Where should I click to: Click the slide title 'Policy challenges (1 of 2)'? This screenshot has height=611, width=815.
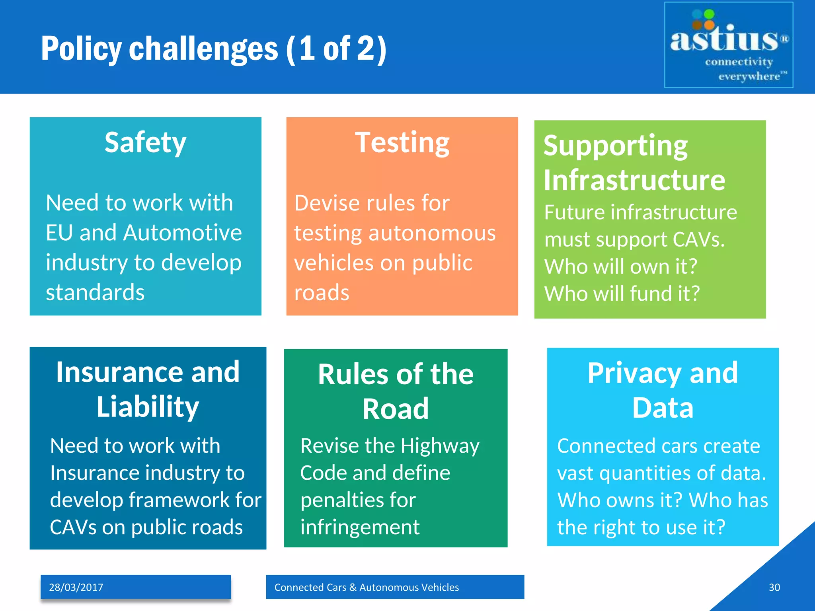(214, 49)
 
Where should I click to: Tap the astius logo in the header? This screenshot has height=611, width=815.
(728, 45)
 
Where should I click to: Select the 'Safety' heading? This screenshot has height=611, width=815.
(145, 142)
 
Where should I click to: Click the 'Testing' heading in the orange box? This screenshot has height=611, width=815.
(402, 142)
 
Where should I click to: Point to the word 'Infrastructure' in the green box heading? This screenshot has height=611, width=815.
(634, 180)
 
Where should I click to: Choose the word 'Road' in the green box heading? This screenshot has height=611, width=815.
(396, 409)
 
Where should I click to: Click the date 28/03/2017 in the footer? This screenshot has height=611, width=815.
(76, 587)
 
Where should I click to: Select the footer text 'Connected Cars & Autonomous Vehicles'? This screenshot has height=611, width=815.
(367, 587)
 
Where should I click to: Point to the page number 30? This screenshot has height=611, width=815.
(774, 587)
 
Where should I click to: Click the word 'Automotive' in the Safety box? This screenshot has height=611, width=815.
(182, 233)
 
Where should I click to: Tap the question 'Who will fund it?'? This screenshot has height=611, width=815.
(622, 294)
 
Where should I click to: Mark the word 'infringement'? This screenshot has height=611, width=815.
(360, 527)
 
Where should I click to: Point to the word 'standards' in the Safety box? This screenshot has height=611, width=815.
(95, 292)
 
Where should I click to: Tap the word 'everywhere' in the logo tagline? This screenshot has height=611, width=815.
(749, 76)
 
